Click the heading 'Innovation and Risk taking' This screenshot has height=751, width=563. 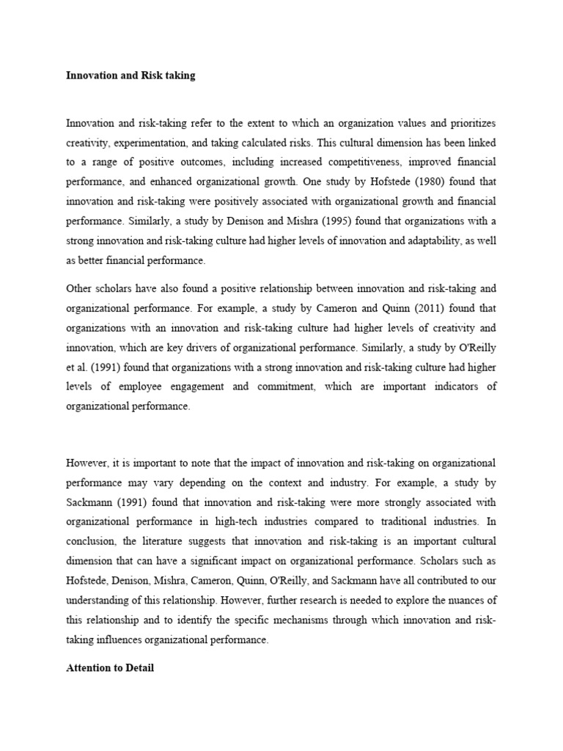130,76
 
